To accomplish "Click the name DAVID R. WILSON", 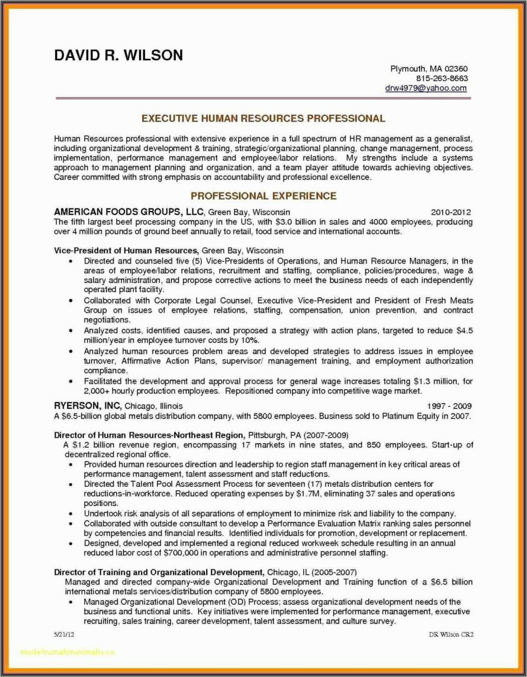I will [x=118, y=56].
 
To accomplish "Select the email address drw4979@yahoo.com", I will [x=426, y=88].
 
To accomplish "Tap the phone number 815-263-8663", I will [x=442, y=78].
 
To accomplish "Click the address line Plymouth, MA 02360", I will [x=429, y=68].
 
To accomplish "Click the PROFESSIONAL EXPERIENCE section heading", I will [x=263, y=196].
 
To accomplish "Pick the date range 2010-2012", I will [x=451, y=212].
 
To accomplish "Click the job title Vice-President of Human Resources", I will [x=126, y=251].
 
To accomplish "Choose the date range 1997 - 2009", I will [x=449, y=406].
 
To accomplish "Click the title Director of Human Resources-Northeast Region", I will [x=149, y=434].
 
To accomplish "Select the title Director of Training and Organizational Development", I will [x=159, y=572].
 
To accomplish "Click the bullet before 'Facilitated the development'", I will [x=70, y=382].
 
